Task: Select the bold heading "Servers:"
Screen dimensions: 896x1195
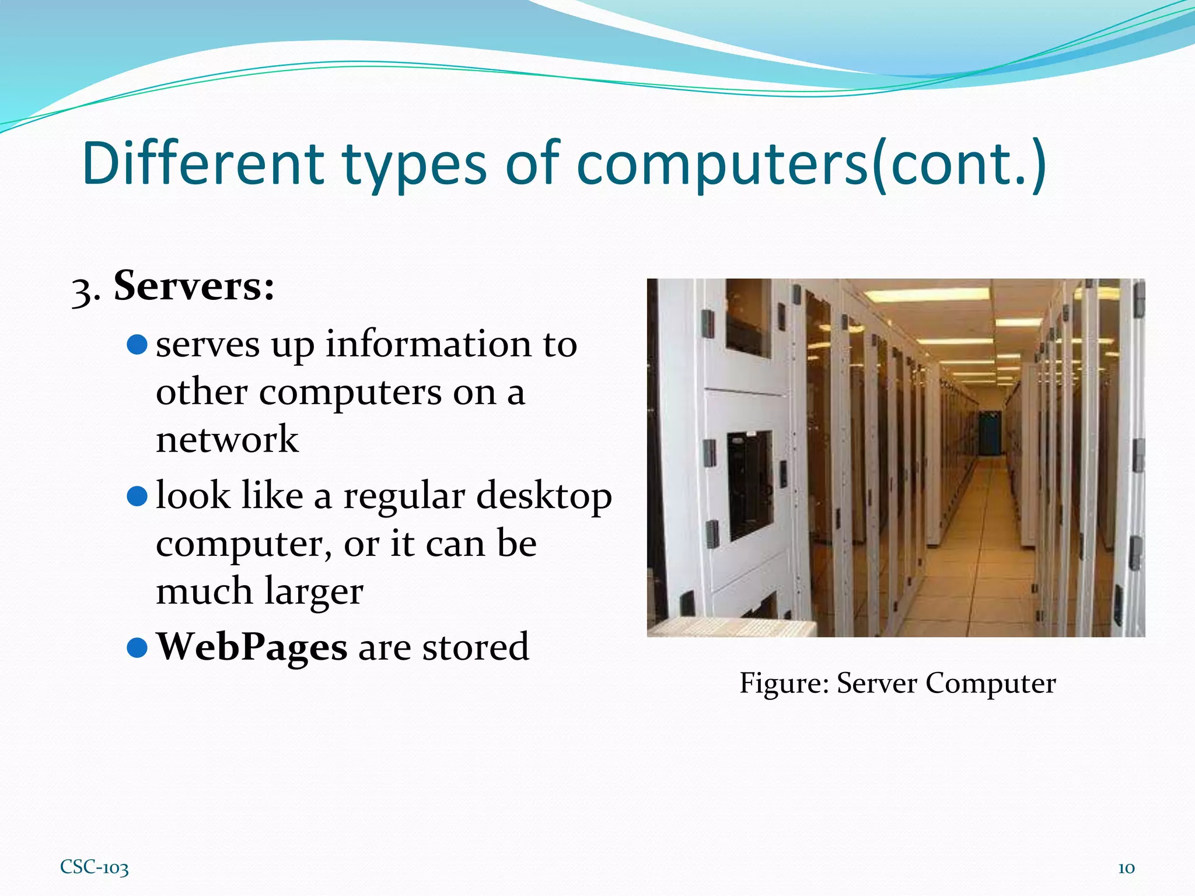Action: [194, 286]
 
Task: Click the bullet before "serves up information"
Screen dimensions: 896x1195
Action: [137, 345]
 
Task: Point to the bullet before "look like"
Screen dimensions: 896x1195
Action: [137, 496]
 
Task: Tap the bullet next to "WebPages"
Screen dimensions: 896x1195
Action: [137, 647]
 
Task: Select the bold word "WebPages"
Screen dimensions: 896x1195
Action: [251, 647]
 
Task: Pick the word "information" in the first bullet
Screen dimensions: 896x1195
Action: [429, 344]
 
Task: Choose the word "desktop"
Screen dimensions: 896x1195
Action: [544, 496]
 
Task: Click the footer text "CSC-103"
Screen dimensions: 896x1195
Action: [95, 867]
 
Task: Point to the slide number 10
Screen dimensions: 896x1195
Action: [1126, 868]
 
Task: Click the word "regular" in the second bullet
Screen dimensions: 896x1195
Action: [404, 496]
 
